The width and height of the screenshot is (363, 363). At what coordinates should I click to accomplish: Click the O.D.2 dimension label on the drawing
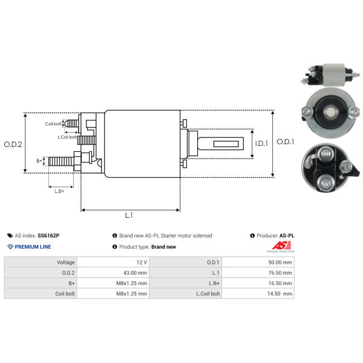point(13,145)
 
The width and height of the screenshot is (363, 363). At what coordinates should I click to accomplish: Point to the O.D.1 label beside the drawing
point(286,142)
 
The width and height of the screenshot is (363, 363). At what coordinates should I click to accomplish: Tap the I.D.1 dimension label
point(261,143)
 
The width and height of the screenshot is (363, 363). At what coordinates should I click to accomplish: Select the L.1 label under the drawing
point(129,215)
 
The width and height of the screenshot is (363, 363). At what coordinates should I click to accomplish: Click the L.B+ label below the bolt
point(59,191)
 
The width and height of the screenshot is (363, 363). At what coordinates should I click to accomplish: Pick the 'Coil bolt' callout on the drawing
point(53,124)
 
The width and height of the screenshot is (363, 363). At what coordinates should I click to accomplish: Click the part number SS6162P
point(48,236)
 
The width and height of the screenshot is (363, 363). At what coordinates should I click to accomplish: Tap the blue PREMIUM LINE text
point(33,247)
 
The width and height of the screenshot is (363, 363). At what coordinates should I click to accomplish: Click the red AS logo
point(281,246)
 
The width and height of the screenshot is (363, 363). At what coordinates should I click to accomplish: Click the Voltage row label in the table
point(66,263)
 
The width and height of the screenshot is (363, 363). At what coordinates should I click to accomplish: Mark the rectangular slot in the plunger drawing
point(226,144)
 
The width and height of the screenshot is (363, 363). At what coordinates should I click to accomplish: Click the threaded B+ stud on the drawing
point(61,161)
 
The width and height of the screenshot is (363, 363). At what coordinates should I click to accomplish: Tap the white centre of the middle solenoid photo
point(330,112)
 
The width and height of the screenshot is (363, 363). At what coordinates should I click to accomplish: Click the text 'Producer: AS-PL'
point(272,236)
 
